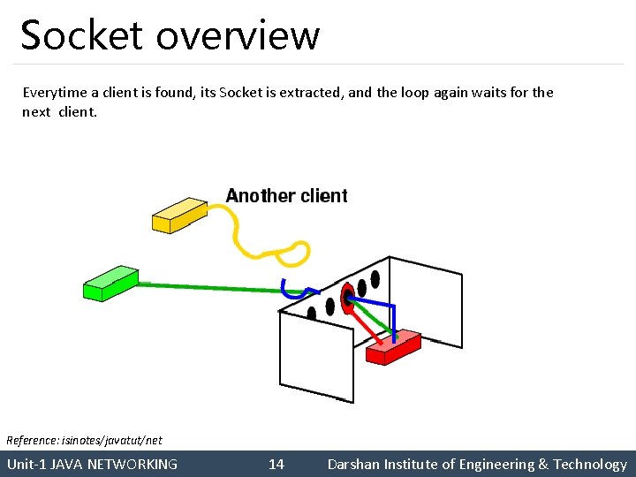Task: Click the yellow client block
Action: pos(179,215)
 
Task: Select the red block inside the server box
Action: pos(394,347)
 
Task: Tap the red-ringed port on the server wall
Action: pos(347,294)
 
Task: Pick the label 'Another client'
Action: pos(287,196)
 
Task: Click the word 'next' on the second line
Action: pos(36,112)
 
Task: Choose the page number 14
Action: pos(276,464)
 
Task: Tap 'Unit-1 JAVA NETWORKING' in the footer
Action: pos(92,464)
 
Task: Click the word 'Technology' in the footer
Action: pos(590,464)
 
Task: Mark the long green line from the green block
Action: pos(212,287)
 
